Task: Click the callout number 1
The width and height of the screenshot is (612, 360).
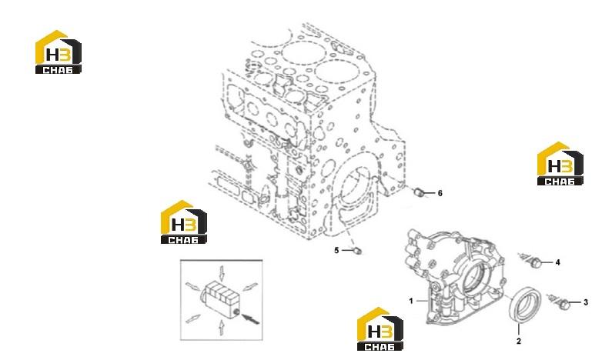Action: pos(410,301)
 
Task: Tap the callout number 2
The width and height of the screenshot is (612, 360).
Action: pos(519,341)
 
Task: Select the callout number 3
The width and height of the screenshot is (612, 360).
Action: pos(586,302)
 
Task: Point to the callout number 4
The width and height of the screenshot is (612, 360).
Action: pos(558,262)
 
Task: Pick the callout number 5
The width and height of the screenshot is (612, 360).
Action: pos(336,250)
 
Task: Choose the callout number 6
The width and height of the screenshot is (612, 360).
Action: pos(440,193)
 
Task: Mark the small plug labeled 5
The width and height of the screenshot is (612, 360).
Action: pos(357,251)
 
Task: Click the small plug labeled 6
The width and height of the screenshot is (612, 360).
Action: pos(420,192)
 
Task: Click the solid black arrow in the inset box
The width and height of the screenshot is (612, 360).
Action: pos(250,318)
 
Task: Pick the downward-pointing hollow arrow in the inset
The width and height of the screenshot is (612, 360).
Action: pos(222,273)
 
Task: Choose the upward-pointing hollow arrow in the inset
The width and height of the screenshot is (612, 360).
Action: pos(221,327)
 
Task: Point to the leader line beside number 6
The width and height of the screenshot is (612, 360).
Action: pos(430,192)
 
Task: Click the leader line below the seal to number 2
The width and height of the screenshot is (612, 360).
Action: pos(519,329)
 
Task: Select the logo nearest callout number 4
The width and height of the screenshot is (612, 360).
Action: pos(560,163)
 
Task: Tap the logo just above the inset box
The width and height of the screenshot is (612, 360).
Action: pos(184,222)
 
